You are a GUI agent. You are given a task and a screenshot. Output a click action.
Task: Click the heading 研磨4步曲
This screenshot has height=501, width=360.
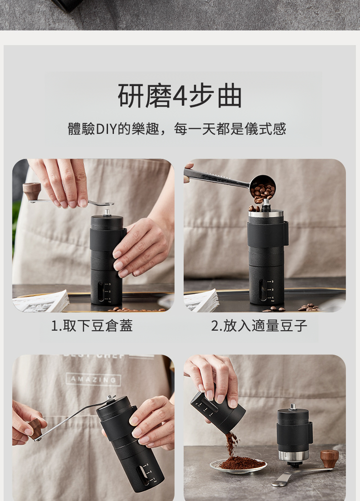pos(180,95)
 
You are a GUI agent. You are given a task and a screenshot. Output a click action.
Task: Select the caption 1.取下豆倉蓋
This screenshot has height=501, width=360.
pos(92,326)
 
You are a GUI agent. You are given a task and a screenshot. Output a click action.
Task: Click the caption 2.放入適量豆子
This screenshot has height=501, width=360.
pos(259,326)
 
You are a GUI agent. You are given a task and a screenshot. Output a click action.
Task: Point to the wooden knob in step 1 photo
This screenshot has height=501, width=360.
pos(32,191)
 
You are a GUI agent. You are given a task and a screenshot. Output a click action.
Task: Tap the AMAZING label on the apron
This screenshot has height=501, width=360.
pos(93,379)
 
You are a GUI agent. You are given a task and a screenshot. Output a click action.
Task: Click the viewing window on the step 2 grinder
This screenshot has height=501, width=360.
pos(263,290)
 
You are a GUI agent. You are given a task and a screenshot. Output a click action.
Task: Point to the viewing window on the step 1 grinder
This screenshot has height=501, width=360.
pos(101,291)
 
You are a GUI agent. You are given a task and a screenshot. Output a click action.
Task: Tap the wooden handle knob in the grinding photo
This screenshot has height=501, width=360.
pos(35,429)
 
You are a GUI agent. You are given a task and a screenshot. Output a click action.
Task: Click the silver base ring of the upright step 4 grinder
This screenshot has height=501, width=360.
pos(293,455)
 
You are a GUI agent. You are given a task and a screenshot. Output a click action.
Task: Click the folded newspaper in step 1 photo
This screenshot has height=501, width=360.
pos(41,302)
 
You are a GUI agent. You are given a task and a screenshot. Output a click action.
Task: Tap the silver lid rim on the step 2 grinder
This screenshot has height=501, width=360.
pos(266,214)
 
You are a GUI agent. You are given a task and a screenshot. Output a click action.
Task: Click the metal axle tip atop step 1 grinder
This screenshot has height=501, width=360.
pos(107,212)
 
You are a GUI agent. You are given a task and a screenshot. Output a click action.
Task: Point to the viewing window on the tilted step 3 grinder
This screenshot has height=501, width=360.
pos(143,476)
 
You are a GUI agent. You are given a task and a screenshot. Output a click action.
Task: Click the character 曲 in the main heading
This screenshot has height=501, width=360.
pos(230,96)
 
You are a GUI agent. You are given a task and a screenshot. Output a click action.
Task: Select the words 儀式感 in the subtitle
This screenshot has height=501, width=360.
pos(265,129)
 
